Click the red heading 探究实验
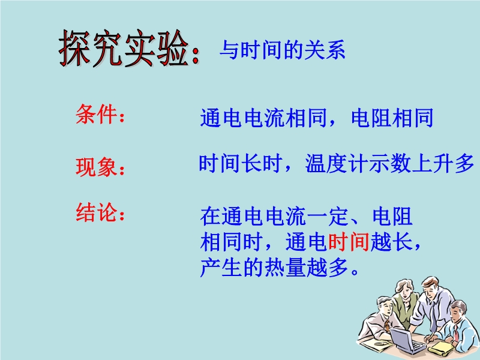(x=124, y=49)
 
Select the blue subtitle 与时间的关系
(x=282, y=50)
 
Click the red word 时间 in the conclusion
(x=349, y=242)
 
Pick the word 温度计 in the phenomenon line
(x=337, y=163)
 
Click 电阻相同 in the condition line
(x=392, y=118)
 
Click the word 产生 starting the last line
(x=221, y=268)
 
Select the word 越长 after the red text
(x=391, y=242)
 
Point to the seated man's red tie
(x=456, y=333)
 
